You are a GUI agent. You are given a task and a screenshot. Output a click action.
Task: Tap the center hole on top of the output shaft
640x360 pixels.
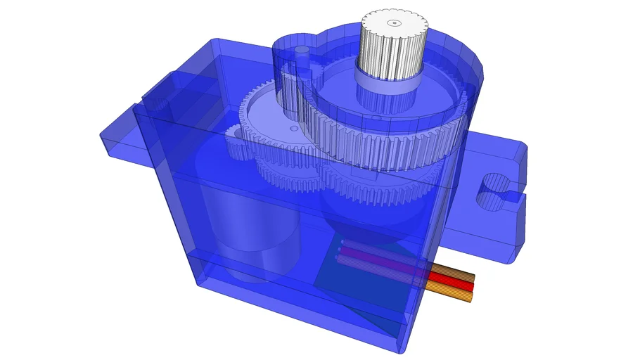394,22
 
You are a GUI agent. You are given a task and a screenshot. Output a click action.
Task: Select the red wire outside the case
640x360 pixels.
450,285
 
